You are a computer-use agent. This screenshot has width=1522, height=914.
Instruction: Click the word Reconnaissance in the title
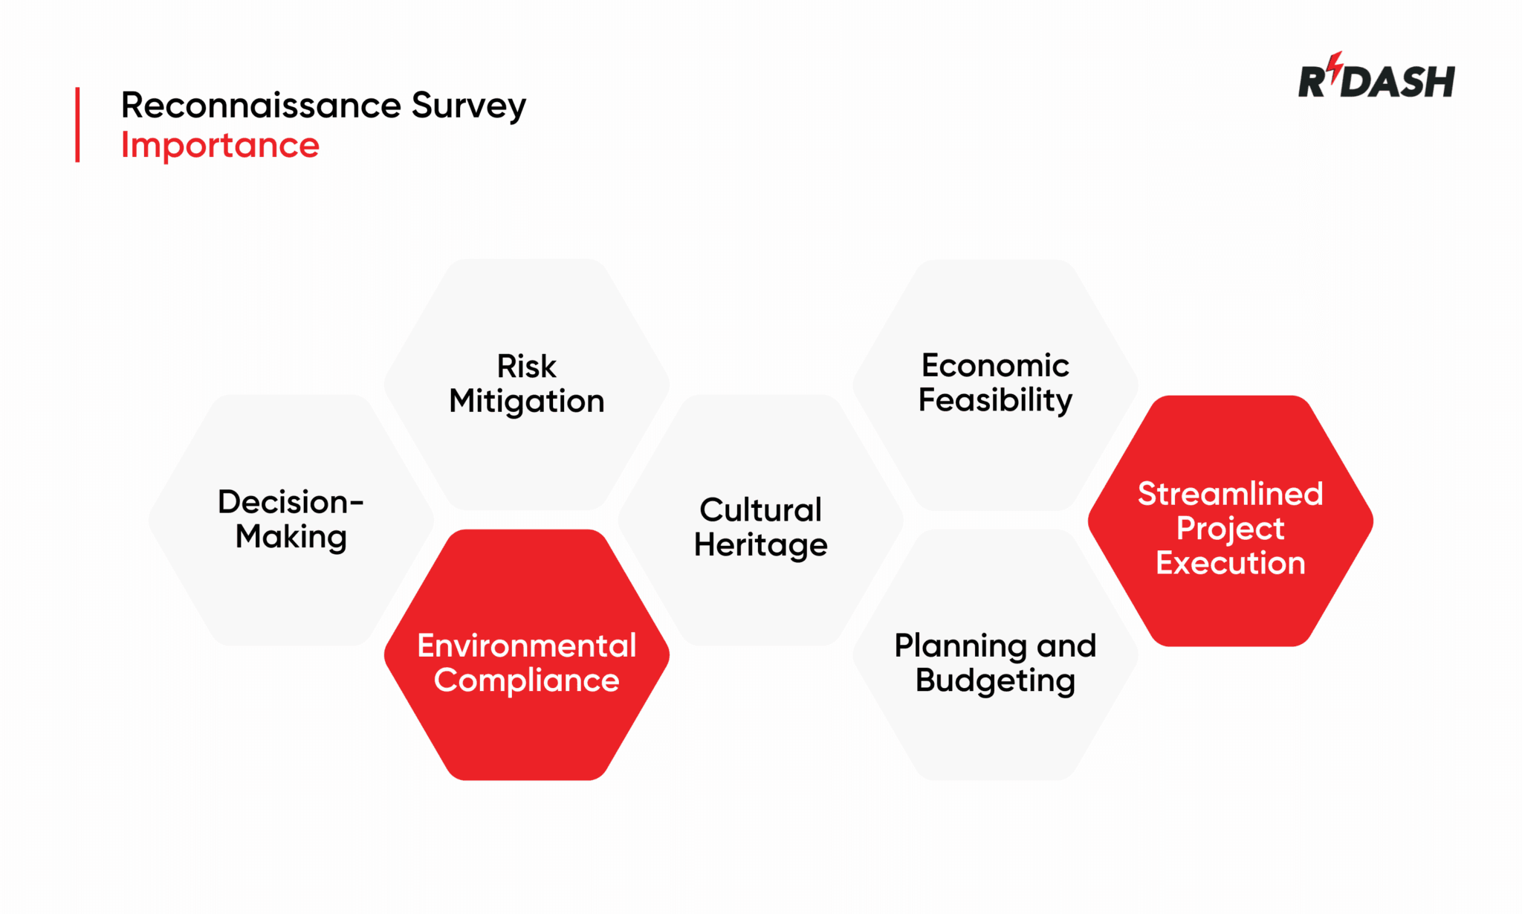coord(262,105)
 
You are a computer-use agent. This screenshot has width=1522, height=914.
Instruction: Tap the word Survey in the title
coord(468,106)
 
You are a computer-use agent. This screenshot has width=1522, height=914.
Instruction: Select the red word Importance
coord(220,145)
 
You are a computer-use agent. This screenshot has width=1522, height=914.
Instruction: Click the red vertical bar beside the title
coord(77,124)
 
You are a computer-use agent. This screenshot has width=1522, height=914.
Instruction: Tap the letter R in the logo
coord(1312,82)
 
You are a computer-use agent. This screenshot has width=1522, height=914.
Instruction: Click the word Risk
coord(526,366)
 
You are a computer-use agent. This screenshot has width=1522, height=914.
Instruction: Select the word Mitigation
coord(526,402)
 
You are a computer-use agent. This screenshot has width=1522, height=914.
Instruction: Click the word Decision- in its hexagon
coord(291,502)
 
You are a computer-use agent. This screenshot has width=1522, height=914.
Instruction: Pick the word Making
coord(291,537)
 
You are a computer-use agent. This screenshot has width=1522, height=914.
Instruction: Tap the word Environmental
coord(526,646)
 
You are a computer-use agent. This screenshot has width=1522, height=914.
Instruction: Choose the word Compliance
coord(526,680)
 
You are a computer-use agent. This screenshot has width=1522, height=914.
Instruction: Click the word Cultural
coord(760,510)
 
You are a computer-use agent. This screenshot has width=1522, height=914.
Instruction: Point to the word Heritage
coord(760,545)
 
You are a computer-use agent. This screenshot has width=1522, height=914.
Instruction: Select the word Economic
coord(995,365)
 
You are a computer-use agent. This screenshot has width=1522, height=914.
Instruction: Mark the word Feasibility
coord(995,400)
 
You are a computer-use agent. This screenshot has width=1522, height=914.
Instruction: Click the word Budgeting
coord(995,680)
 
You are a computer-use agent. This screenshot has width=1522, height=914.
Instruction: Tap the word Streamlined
coord(1230,494)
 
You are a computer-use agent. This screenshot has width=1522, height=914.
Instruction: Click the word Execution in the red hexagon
coord(1230,563)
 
